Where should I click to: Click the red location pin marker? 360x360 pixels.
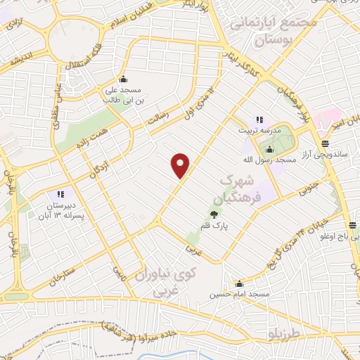(181, 165)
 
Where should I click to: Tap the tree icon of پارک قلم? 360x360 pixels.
(212, 213)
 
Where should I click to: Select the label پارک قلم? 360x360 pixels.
(212, 225)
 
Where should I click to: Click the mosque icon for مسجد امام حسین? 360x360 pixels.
(240, 283)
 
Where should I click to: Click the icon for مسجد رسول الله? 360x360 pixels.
(269, 148)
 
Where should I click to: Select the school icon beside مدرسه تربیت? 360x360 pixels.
(259, 120)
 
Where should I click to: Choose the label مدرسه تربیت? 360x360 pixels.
(266, 131)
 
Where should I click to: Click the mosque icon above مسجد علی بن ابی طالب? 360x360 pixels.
(124, 79)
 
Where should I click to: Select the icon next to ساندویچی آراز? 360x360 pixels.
(324, 142)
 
